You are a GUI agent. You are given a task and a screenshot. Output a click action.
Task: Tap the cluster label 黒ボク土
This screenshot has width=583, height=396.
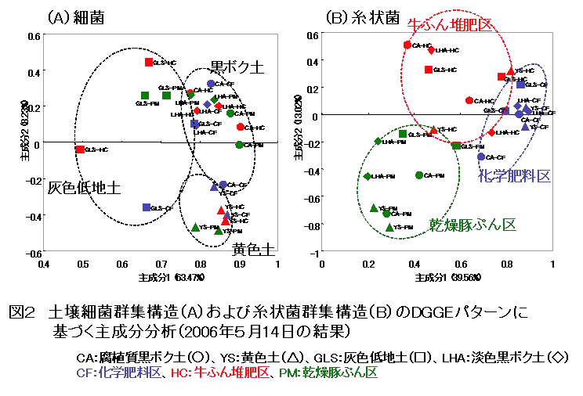pos(234,69)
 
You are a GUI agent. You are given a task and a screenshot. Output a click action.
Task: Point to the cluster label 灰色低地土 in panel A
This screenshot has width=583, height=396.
pos(84,188)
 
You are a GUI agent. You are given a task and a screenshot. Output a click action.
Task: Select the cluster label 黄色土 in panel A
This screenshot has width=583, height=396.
pos(253,249)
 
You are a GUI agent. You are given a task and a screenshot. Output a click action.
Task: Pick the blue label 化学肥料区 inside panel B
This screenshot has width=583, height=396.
pos(515,175)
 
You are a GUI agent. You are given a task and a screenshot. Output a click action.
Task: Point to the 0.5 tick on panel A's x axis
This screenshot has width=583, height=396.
pos(82,265)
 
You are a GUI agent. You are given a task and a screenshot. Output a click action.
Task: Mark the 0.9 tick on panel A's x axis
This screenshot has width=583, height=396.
pos(239,265)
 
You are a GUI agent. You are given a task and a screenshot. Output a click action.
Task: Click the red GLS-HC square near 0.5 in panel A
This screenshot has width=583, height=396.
pos(81,149)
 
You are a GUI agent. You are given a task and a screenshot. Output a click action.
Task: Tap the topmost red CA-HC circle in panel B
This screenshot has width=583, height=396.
pos(407,45)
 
